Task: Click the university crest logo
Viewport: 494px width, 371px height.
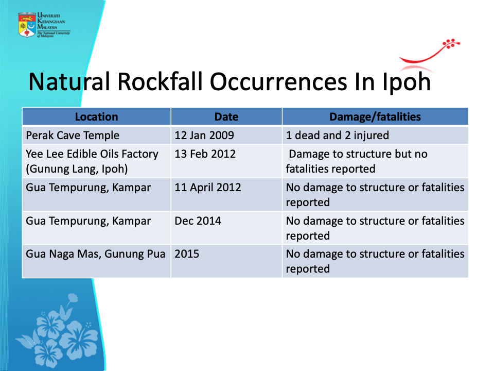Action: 27,25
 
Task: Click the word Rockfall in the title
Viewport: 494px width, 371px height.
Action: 160,82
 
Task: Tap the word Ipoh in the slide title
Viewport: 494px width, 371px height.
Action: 406,82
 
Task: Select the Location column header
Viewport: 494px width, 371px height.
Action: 96,117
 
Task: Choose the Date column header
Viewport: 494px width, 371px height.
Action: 226,117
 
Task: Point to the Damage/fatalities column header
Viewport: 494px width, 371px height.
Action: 375,117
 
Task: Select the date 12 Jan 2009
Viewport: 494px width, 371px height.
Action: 204,136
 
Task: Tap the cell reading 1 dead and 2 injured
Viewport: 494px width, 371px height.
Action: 337,136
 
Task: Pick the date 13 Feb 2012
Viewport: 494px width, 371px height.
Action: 205,154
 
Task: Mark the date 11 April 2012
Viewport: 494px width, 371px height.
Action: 207,188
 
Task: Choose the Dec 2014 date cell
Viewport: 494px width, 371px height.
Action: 198,221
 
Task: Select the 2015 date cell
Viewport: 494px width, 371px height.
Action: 187,254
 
